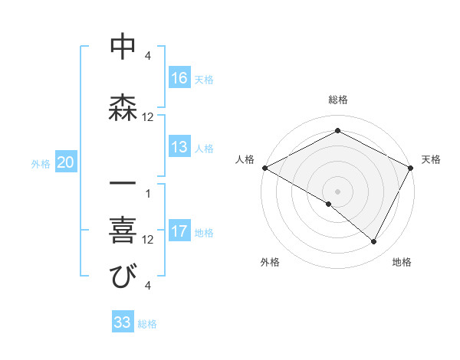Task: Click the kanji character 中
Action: [x=123, y=47]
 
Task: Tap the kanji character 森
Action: [x=123, y=106]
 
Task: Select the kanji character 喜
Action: [x=123, y=229]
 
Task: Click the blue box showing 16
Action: [x=179, y=78]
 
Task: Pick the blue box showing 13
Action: [x=179, y=148]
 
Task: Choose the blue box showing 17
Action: [x=179, y=232]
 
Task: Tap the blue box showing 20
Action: [x=66, y=162]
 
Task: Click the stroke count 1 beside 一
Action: [x=148, y=193]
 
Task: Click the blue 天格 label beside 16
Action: [x=204, y=79]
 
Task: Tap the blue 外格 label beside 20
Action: [x=41, y=163]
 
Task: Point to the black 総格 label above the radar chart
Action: [x=337, y=100]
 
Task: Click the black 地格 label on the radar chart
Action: [x=402, y=262]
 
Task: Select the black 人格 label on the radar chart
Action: [x=245, y=159]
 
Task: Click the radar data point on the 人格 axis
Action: [x=264, y=167]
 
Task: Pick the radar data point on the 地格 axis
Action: [x=374, y=241]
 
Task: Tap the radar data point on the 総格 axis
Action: [x=337, y=130]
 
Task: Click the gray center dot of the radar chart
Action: [x=337, y=190]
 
